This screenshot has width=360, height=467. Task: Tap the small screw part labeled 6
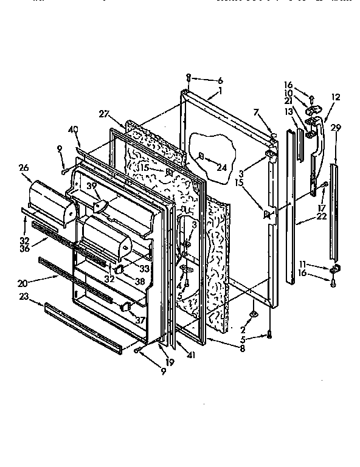[x=189, y=78]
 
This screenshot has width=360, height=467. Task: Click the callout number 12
[x=335, y=97]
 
